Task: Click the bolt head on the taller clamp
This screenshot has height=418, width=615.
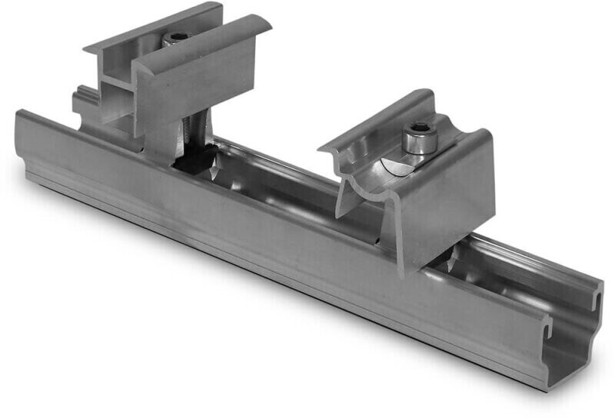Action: pyautogui.click(x=178, y=38)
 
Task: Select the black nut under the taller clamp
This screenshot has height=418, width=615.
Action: pyautogui.click(x=192, y=157)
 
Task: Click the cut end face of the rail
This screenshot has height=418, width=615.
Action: pyautogui.click(x=573, y=338)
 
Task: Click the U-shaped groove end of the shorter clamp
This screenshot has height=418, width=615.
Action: pyautogui.click(x=361, y=192)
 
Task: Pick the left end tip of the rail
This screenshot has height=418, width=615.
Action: pyautogui.click(x=19, y=115)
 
